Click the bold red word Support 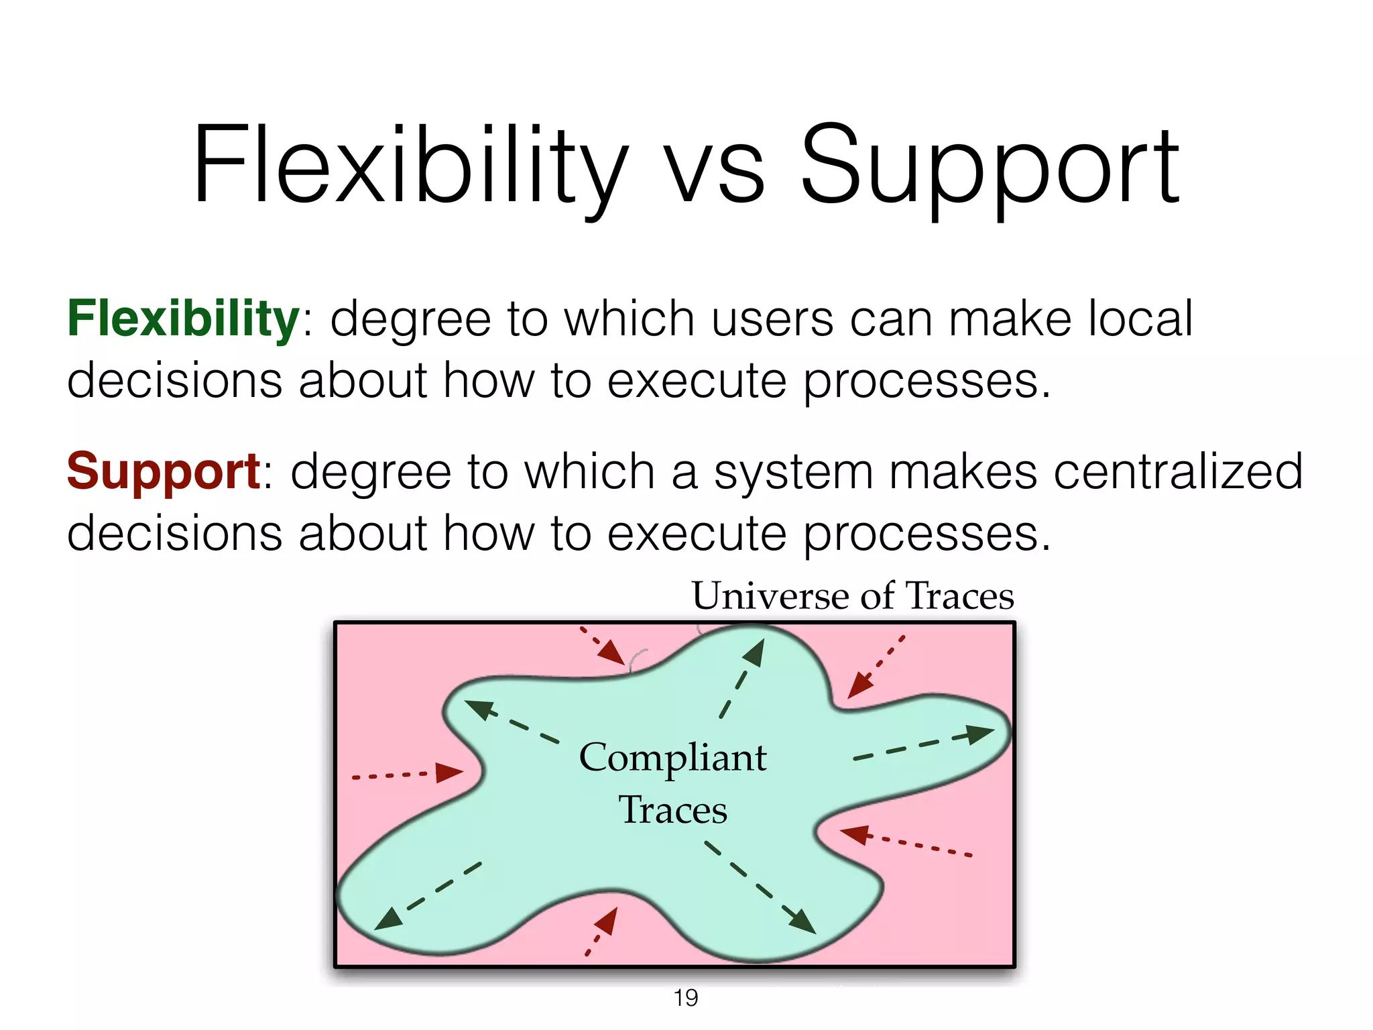click(164, 471)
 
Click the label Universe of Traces click(853, 595)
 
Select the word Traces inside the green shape click(672, 810)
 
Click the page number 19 click(686, 998)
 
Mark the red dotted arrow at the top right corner click(876, 667)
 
